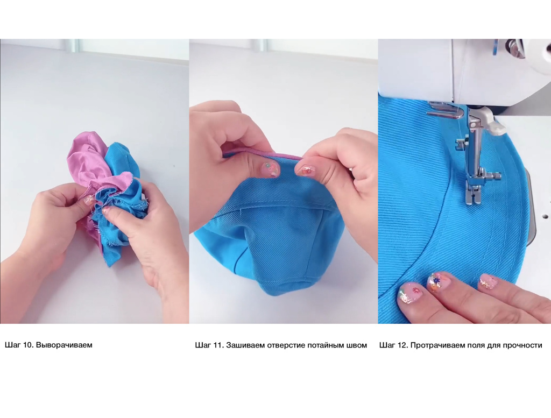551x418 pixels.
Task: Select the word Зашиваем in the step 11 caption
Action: (x=245, y=345)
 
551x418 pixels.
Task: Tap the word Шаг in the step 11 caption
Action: (x=202, y=345)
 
